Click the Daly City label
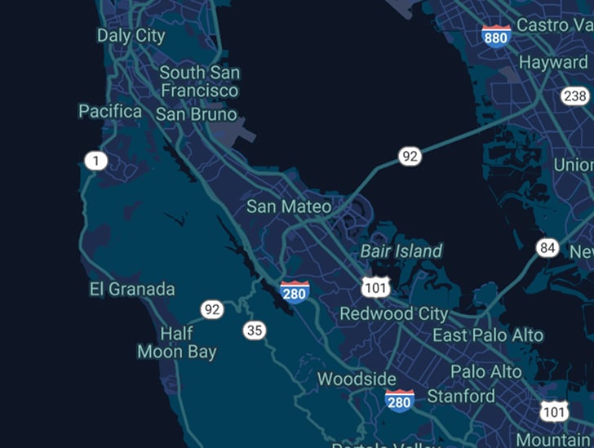[131, 35]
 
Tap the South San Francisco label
[199, 82]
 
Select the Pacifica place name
[110, 111]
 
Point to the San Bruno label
[196, 114]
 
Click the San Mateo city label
[289, 206]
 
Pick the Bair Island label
[401, 251]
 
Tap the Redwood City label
[394, 313]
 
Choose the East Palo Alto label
[487, 335]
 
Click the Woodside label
[357, 379]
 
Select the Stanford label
[461, 397]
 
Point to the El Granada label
[131, 289]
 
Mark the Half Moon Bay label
[177, 343]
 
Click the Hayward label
[553, 62]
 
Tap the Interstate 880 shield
[496, 35]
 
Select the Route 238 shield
[574, 96]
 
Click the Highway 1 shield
[96, 161]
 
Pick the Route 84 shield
[547, 247]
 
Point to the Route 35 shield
[255, 330]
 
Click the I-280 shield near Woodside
[399, 400]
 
